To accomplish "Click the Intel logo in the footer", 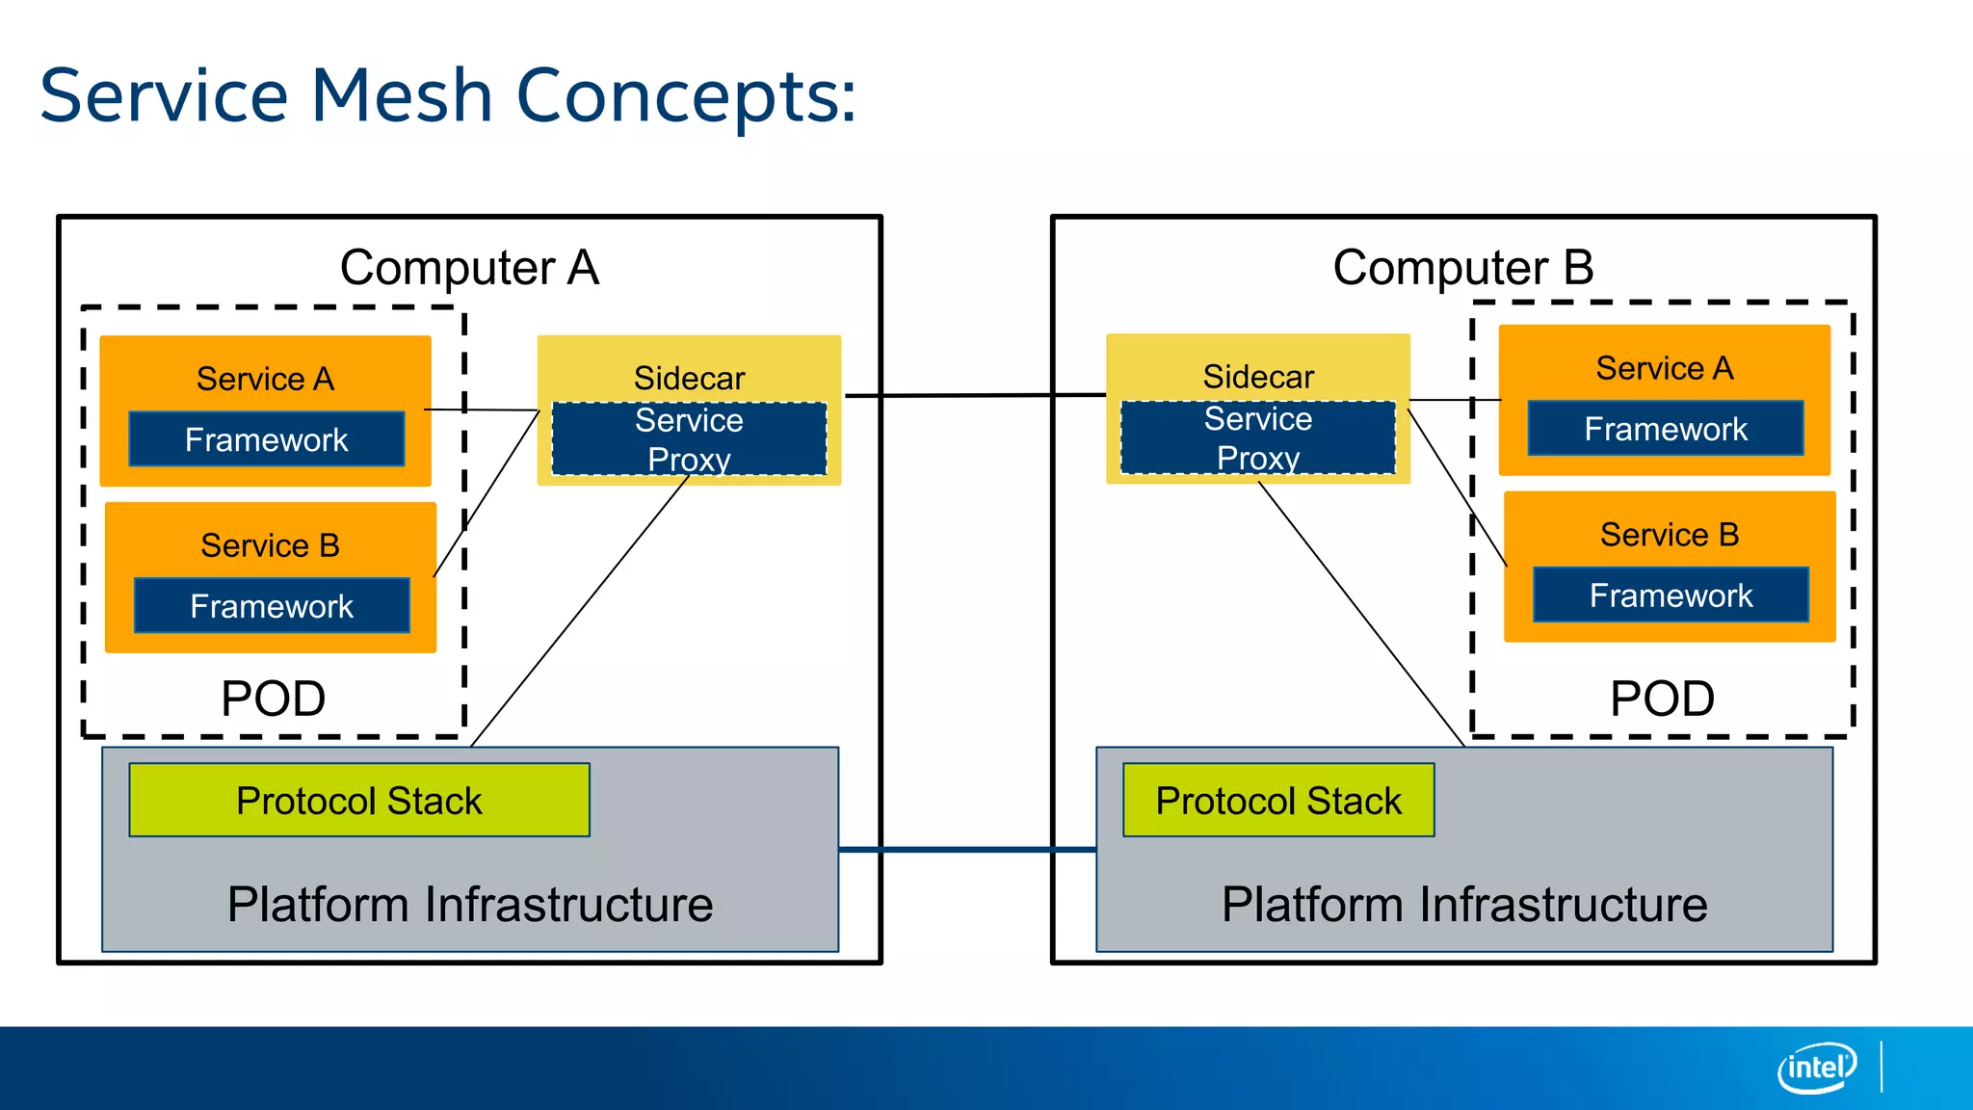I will coord(1816,1068).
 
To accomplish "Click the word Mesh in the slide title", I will coord(402,95).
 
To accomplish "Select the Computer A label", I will coord(469,267).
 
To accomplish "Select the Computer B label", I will coord(1462,267).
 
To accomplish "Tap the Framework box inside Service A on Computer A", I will coord(266,439).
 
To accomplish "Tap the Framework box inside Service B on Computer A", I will coord(272,606).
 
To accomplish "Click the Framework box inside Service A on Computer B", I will coord(1665,429).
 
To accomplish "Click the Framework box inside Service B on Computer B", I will coord(1670,595).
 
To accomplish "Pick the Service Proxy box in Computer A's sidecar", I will coord(689,439).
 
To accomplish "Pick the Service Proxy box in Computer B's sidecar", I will coord(1257,438).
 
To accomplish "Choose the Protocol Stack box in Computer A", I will coord(358,801).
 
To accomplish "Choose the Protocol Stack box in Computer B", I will coord(1277,801).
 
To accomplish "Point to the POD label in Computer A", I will coord(273,699).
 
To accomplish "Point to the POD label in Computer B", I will coord(1662,699).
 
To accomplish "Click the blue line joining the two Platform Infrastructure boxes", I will coord(966,850).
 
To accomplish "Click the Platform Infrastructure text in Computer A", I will coord(470,905).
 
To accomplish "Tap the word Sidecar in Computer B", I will coord(1257,377).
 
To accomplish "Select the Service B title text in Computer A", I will coord(270,545).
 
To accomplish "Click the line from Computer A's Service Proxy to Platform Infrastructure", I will coord(581,610).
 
